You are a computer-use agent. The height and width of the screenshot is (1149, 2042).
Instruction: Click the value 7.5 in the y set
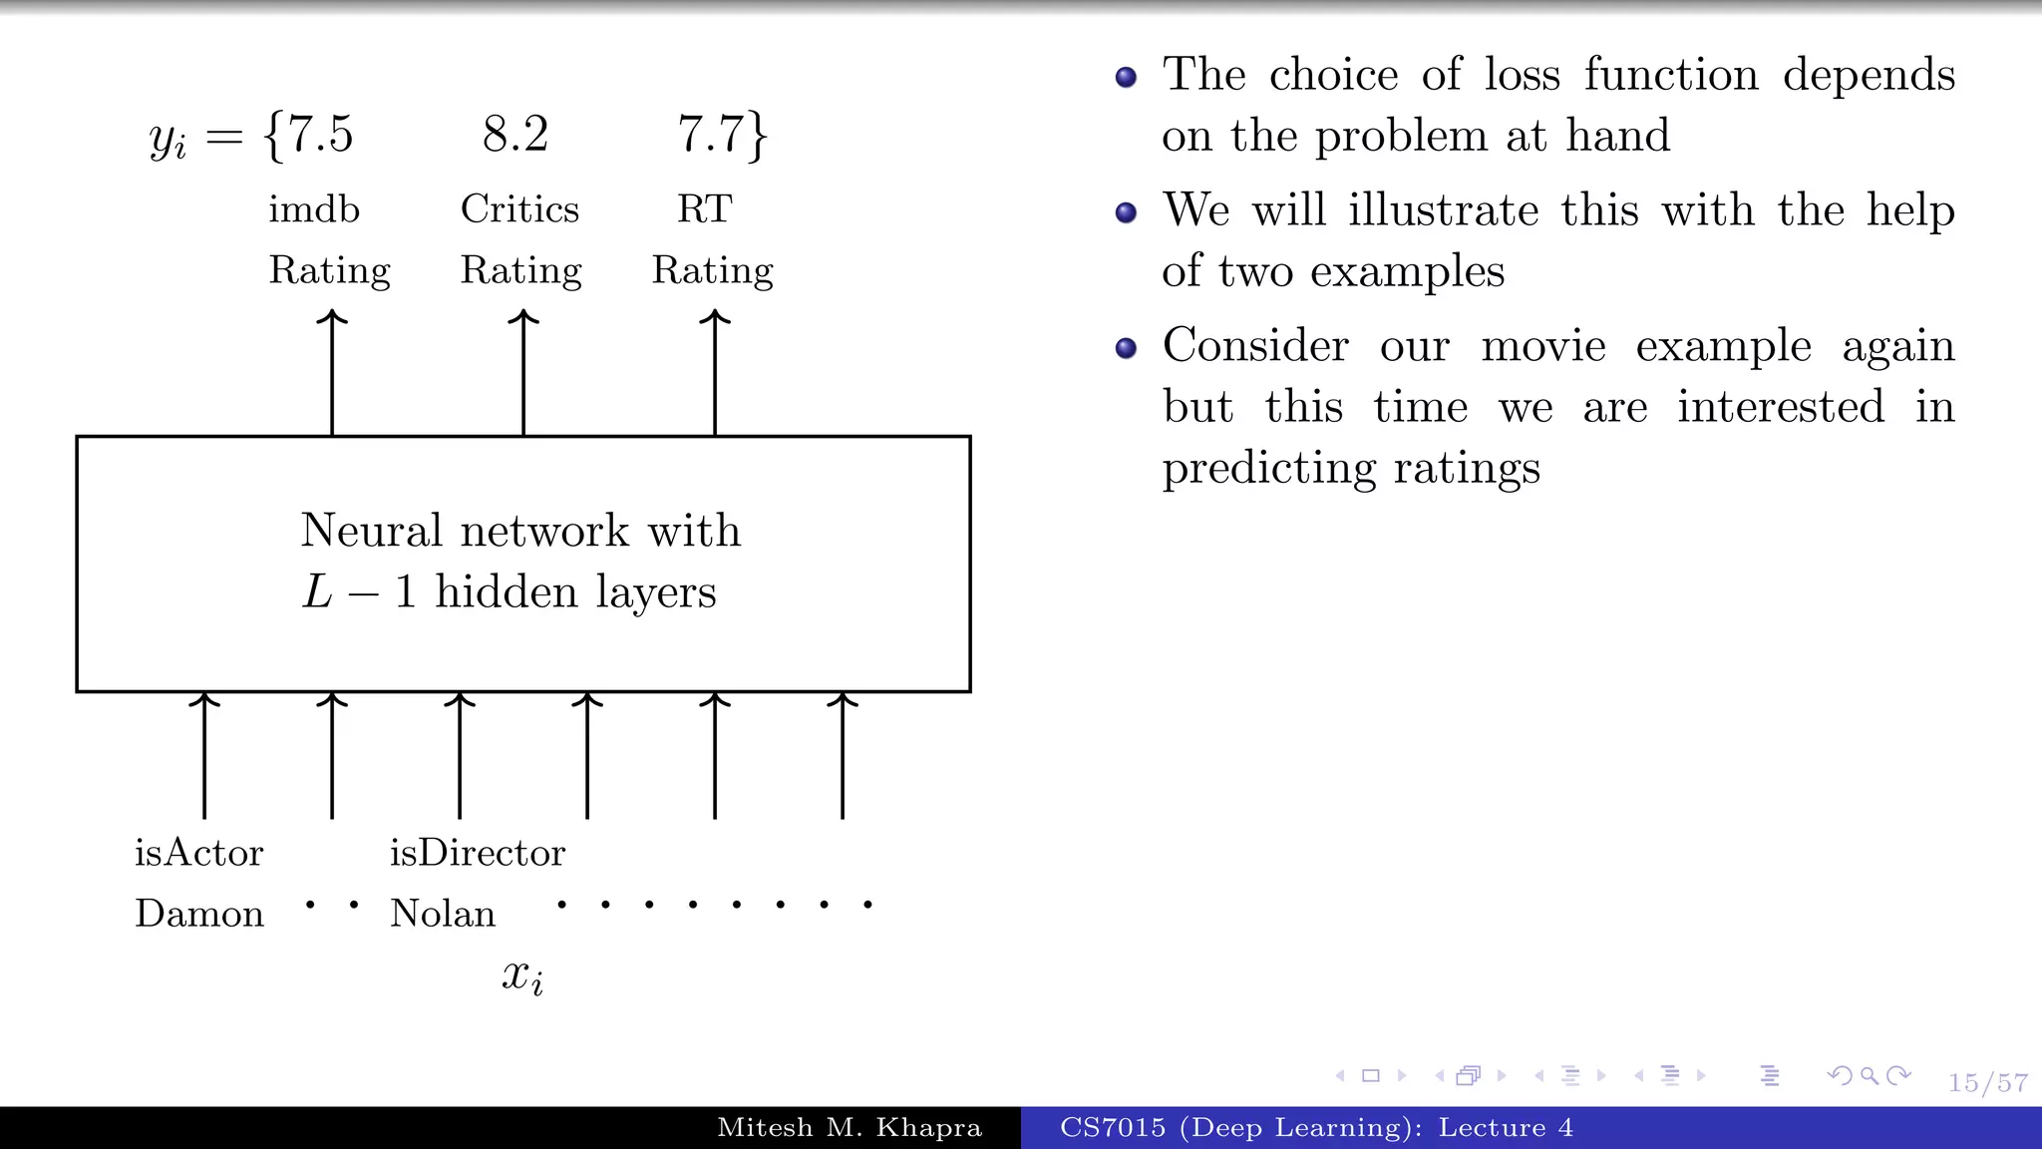pos(320,135)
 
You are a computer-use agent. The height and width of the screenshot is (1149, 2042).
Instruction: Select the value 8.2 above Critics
pos(515,135)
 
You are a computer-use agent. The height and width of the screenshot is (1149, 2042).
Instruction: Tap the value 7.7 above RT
pos(710,135)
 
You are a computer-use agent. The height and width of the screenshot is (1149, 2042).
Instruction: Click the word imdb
pos(314,209)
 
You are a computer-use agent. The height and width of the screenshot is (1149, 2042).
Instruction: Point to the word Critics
pos(519,209)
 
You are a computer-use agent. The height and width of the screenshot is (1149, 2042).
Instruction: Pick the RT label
pos(705,209)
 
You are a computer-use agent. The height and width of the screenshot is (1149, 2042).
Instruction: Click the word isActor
pos(199,854)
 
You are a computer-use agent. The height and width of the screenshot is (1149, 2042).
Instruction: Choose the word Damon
pos(199,914)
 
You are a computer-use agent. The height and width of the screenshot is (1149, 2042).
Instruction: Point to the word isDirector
pos(478,854)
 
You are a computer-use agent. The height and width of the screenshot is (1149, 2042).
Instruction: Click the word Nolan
pos(443,914)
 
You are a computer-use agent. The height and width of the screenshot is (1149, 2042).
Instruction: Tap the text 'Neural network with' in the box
pos(521,531)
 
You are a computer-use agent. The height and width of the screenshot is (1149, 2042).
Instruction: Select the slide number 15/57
pos(1988,1083)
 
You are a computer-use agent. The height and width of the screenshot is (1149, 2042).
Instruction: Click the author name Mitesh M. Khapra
pos(850,1128)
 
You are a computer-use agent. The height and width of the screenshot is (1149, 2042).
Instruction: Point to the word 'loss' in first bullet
pos(1522,75)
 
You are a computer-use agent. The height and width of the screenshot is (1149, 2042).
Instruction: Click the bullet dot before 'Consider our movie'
pos(1127,348)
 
